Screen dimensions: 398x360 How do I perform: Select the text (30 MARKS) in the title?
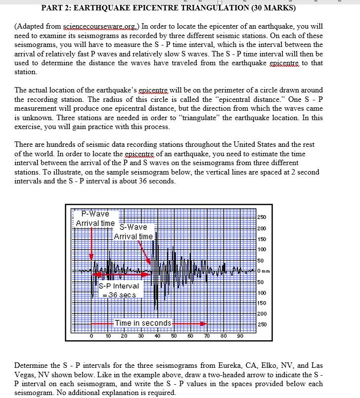tap(273, 7)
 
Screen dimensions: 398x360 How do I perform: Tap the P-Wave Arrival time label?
tap(95, 219)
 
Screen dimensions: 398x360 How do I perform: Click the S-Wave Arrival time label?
tap(134, 231)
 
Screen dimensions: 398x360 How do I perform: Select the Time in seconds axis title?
tap(143, 323)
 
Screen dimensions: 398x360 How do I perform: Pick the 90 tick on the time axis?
tap(240, 336)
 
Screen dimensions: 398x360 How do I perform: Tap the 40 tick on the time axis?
tap(157, 336)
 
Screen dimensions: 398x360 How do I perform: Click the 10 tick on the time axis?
tap(108, 336)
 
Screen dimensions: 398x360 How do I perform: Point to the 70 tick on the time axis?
tap(207, 336)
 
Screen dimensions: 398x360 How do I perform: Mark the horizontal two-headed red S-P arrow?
tap(122, 274)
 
